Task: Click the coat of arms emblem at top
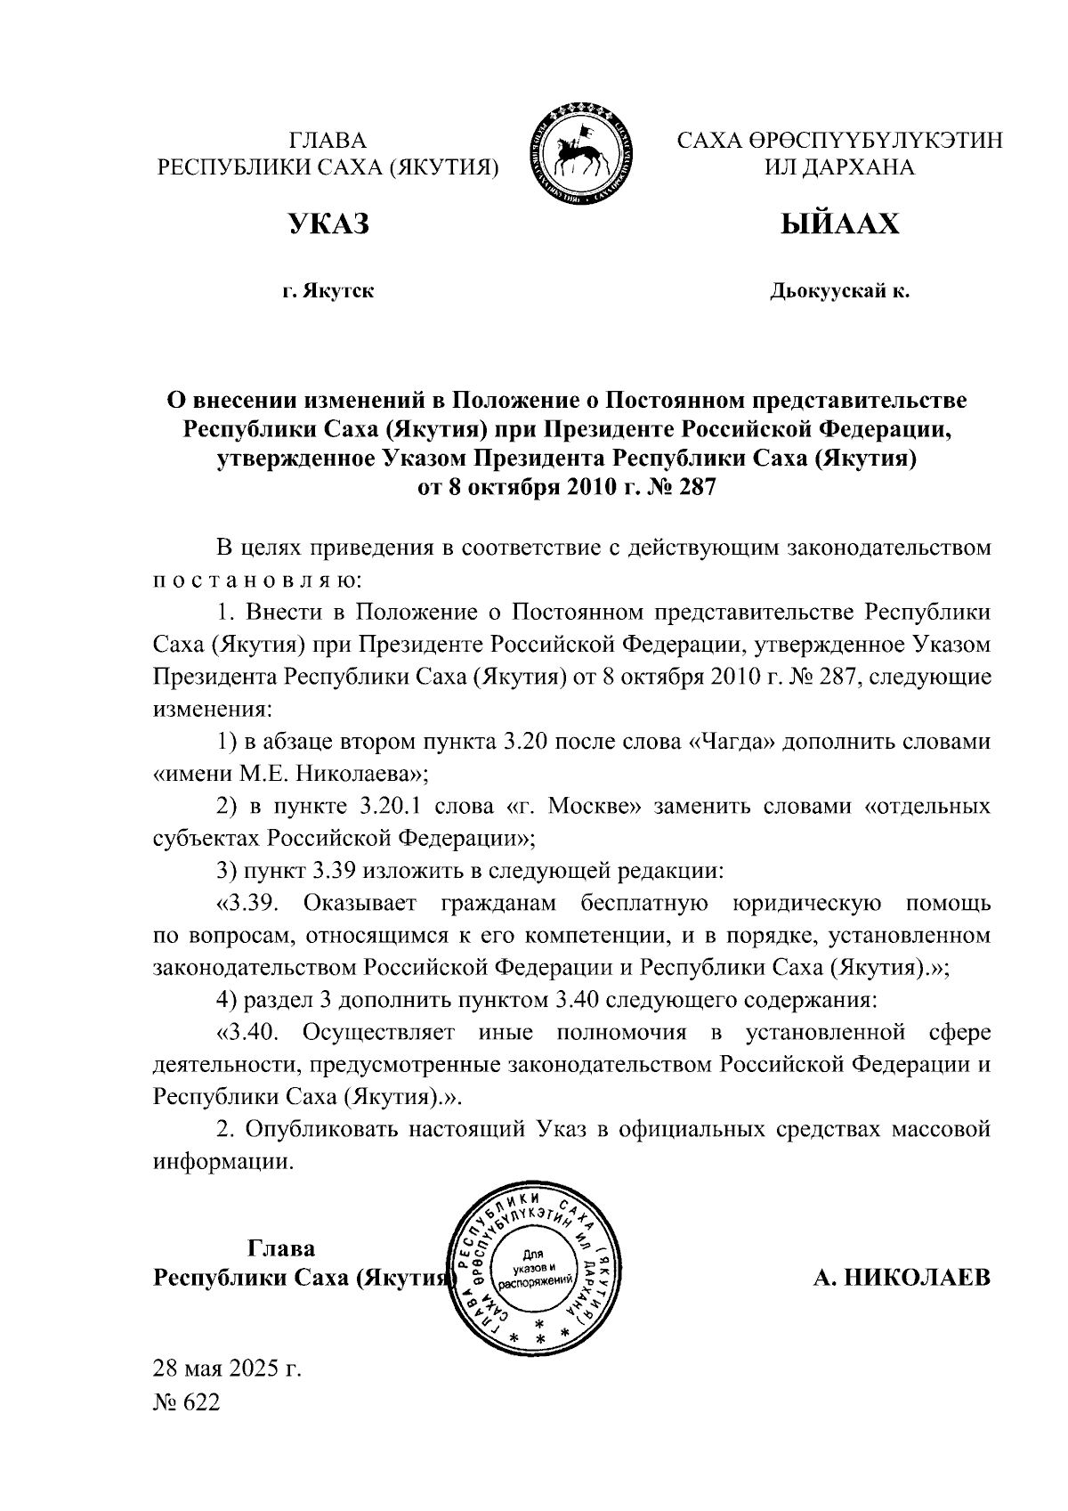tap(582, 154)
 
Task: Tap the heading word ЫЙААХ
tap(839, 224)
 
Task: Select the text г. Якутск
tap(328, 291)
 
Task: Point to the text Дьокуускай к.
tap(839, 291)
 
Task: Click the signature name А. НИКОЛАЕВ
tap(901, 1279)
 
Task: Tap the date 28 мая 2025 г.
tap(228, 1367)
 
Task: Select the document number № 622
tap(186, 1403)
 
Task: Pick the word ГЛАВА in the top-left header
tap(328, 141)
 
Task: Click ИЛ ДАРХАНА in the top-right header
tap(839, 167)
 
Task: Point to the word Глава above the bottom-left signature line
tap(281, 1247)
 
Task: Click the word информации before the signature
tap(222, 1162)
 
